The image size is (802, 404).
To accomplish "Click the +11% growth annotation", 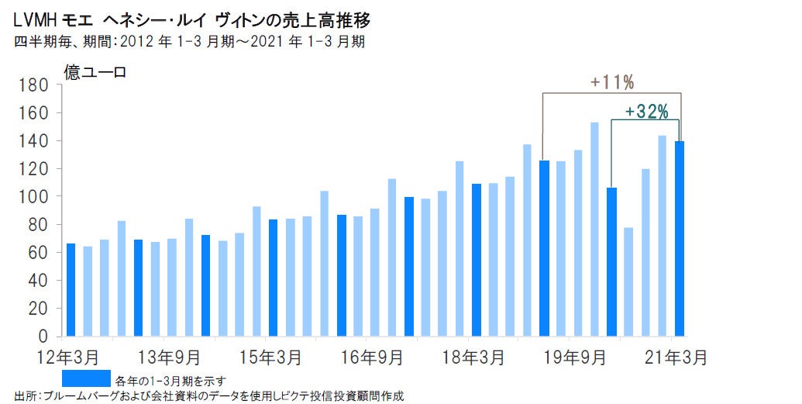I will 611,81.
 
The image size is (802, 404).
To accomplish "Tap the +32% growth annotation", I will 645,111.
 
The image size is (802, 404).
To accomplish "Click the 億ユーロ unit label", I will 95,74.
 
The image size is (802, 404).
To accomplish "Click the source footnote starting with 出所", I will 209,395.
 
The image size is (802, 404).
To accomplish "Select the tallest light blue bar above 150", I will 594,229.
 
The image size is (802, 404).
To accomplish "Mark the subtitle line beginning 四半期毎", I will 190,41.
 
